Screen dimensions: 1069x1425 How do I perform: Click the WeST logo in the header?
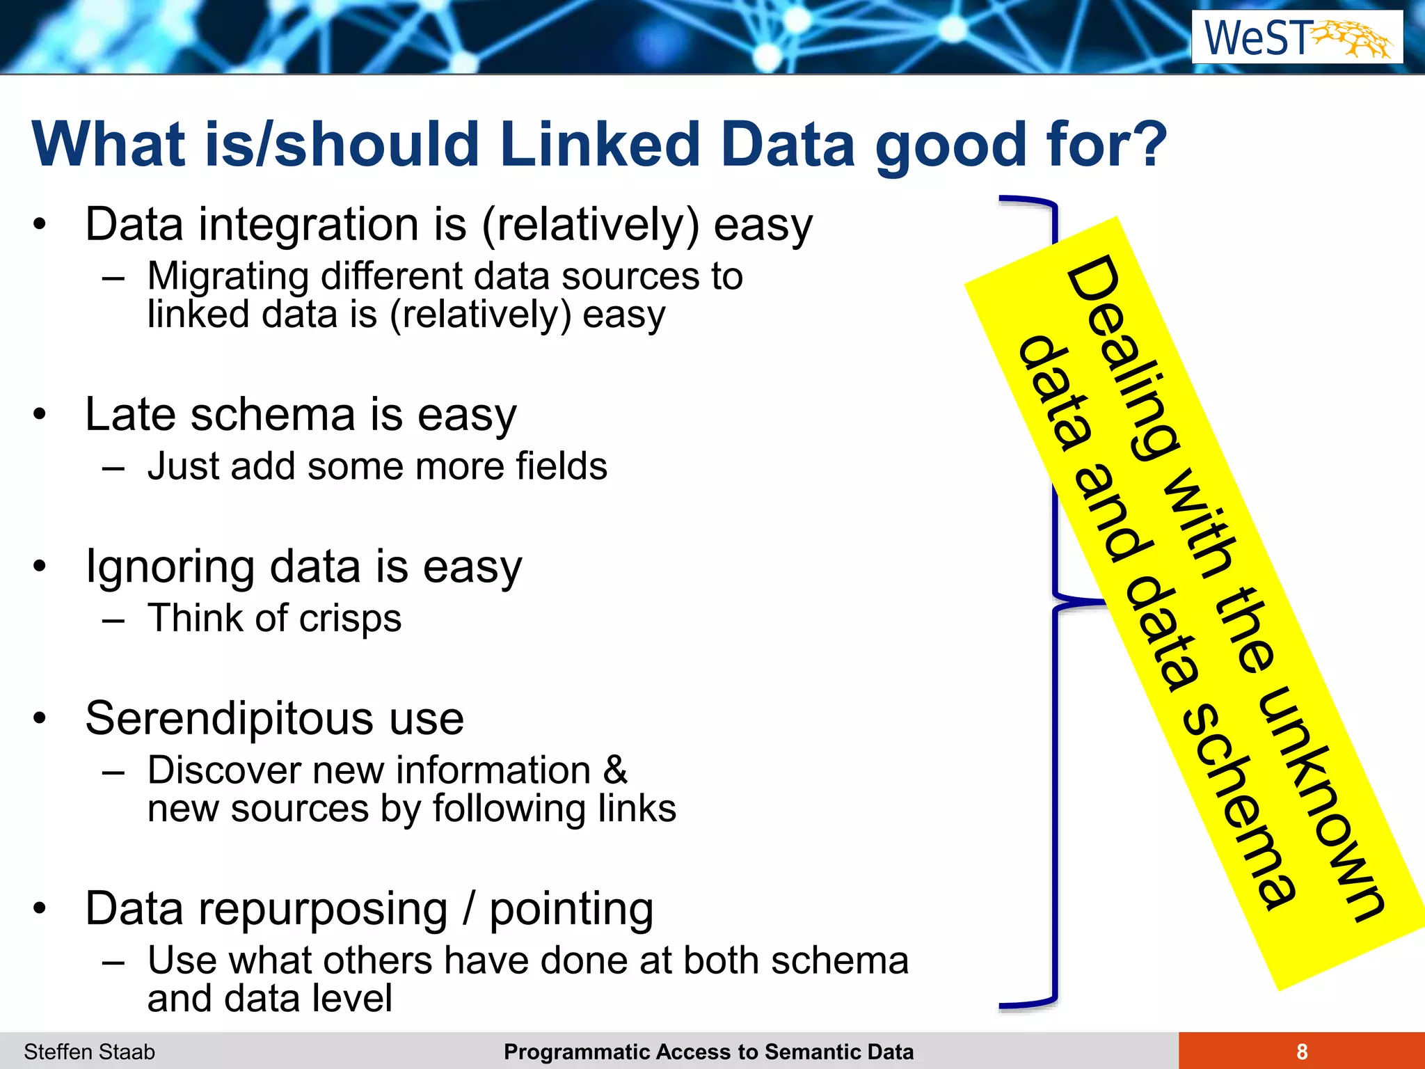(x=1297, y=38)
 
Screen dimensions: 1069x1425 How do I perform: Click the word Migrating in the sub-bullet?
(x=228, y=276)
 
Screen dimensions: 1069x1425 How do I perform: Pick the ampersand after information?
(x=614, y=770)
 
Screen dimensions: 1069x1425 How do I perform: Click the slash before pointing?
(x=470, y=909)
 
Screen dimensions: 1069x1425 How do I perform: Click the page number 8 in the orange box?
(x=1301, y=1052)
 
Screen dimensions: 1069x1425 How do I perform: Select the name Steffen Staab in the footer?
(x=89, y=1052)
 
